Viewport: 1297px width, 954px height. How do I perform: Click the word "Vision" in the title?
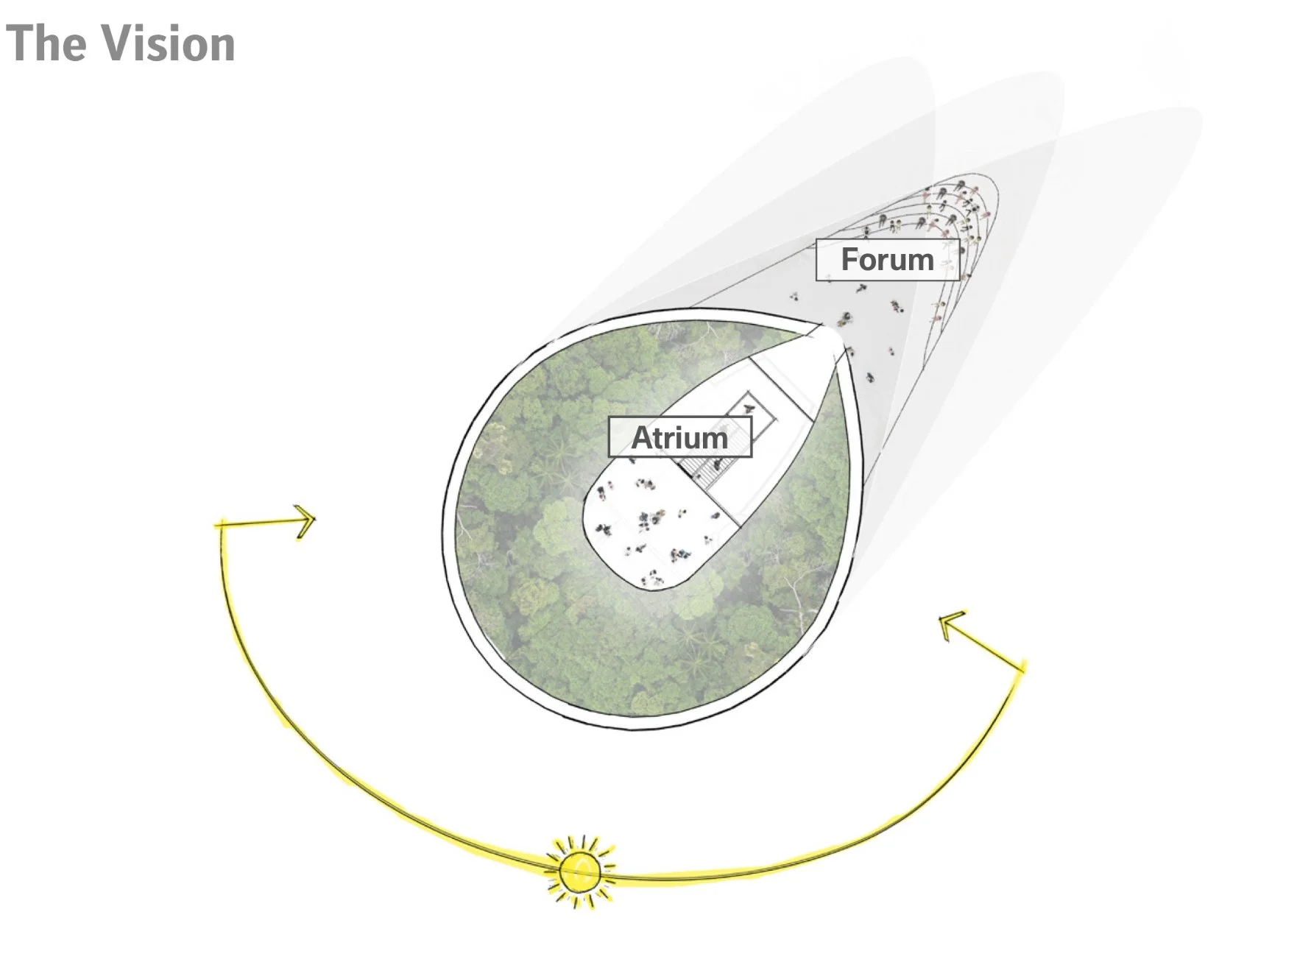point(168,43)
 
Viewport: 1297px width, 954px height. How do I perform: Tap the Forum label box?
point(887,260)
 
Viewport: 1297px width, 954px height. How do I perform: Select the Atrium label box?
point(679,437)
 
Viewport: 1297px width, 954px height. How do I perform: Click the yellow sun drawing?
point(581,872)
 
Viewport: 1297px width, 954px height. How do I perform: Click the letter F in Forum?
point(849,260)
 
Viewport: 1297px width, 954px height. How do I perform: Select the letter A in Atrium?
point(643,438)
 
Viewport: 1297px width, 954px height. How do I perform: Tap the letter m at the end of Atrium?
point(714,440)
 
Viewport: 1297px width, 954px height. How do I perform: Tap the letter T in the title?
point(21,43)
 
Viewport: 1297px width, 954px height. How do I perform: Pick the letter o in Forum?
point(870,262)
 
